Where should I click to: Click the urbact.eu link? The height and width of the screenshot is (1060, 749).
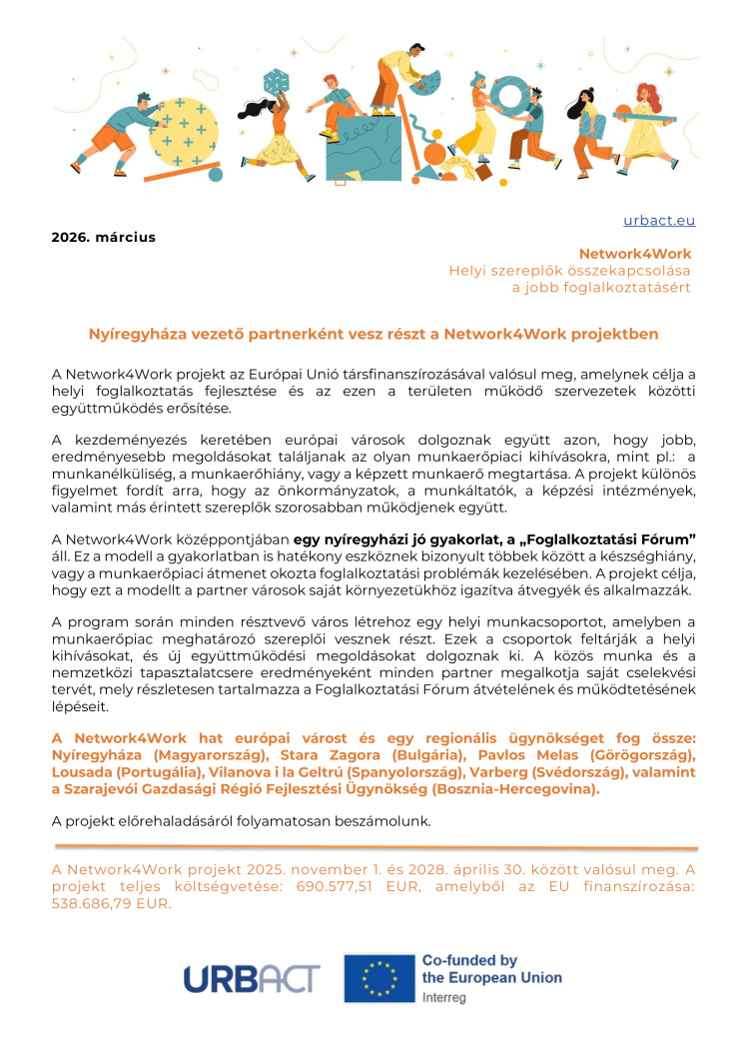pyautogui.click(x=659, y=221)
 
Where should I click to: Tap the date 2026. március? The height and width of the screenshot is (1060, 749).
pyautogui.click(x=104, y=238)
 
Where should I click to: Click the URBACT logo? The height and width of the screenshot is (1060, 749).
pyautogui.click(x=251, y=978)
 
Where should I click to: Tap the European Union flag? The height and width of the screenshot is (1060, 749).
pyautogui.click(x=378, y=978)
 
